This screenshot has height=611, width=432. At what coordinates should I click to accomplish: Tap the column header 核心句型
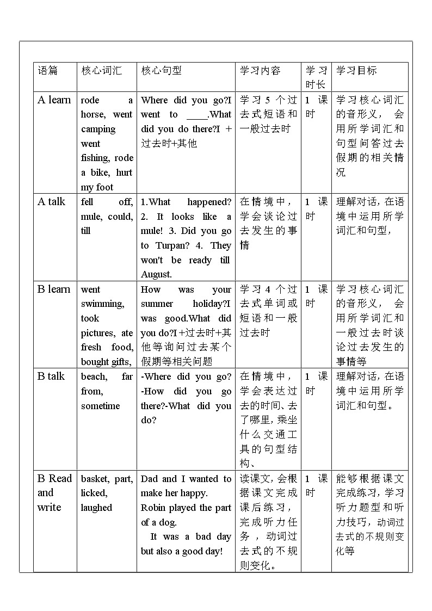tap(162, 70)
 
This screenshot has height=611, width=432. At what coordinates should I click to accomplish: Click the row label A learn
tap(54, 100)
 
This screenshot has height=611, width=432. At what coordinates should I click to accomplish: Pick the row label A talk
tap(51, 201)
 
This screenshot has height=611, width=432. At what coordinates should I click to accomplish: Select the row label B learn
tap(54, 289)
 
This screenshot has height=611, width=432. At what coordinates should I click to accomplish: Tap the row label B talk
tap(51, 376)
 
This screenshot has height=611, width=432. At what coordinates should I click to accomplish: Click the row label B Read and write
tap(54, 493)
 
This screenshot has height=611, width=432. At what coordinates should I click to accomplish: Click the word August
tap(156, 275)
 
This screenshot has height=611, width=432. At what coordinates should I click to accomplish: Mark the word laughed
tap(96, 508)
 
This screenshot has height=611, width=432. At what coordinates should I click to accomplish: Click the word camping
tap(98, 129)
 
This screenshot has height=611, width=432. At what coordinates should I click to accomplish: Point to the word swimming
tap(102, 304)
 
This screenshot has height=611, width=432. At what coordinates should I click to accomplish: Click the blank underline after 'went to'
tap(197, 115)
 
